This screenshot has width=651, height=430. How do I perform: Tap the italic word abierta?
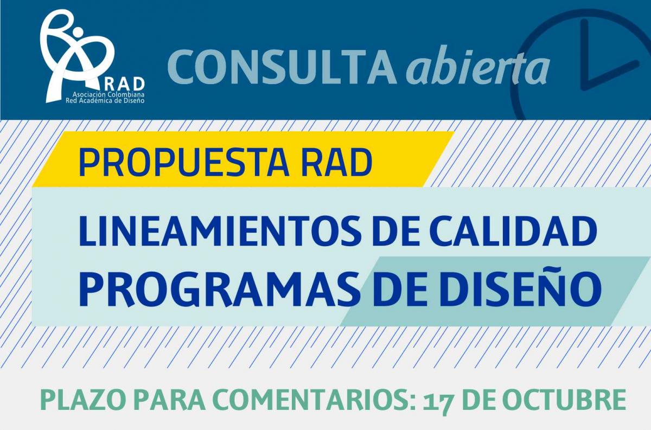[477, 65]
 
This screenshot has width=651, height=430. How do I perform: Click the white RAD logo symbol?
[76, 55]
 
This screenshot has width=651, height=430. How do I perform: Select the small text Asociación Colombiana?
[108, 95]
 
